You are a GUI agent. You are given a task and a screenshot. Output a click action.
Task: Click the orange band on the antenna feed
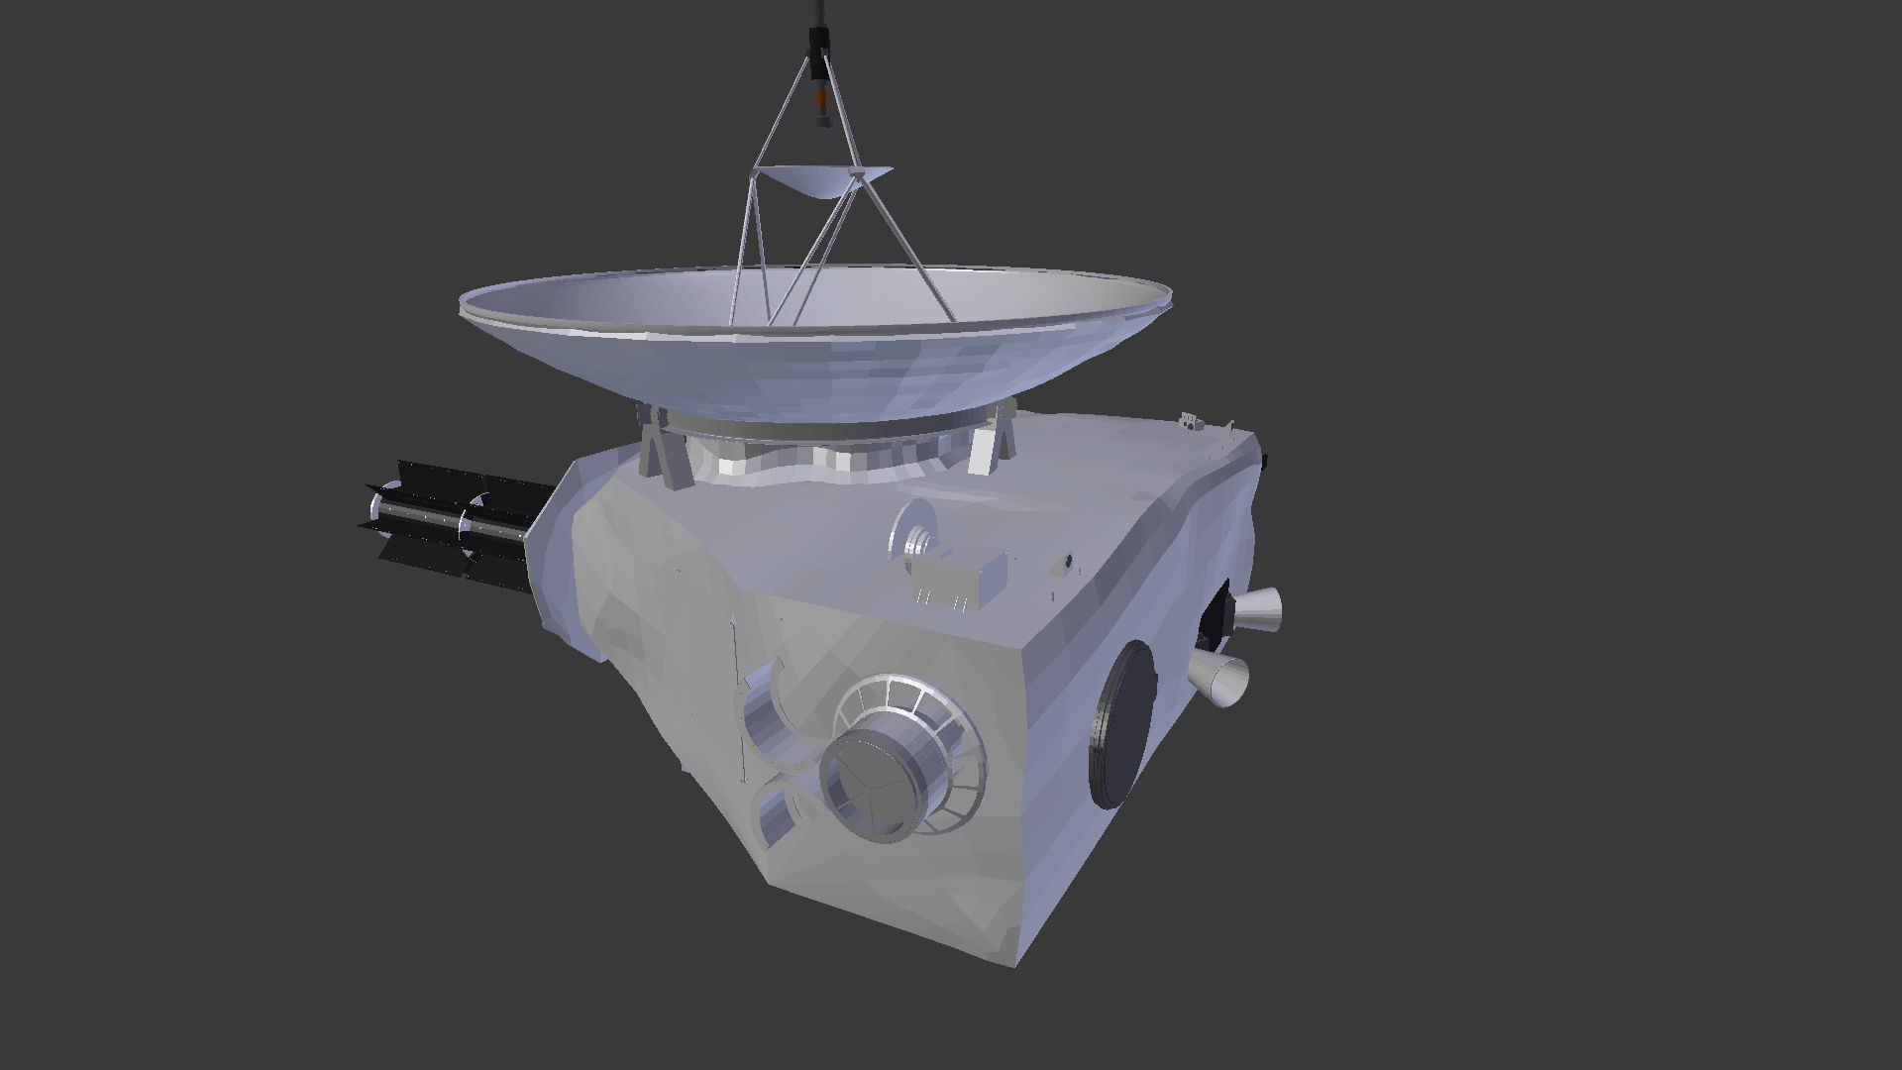(820, 99)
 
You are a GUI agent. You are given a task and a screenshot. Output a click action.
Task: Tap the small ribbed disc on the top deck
(916, 534)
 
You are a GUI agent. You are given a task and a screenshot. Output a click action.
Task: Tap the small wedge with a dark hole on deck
(1066, 563)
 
